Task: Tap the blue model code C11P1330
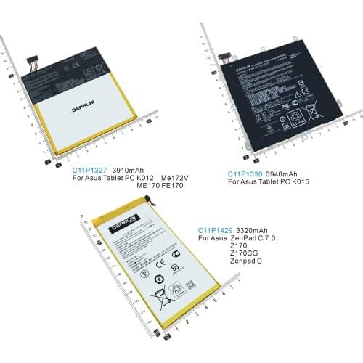[245, 174]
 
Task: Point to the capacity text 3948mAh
[282, 174]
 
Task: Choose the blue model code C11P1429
[215, 230]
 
